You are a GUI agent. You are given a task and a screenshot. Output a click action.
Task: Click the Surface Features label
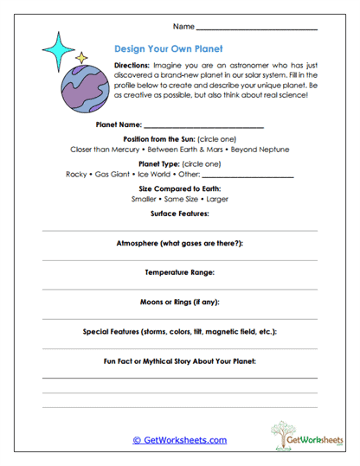(x=179, y=213)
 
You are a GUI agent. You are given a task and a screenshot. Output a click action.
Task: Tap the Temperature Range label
(x=179, y=272)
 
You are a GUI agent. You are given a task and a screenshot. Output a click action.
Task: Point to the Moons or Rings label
(x=179, y=302)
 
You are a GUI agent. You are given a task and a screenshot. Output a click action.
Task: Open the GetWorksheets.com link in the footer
(x=179, y=440)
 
